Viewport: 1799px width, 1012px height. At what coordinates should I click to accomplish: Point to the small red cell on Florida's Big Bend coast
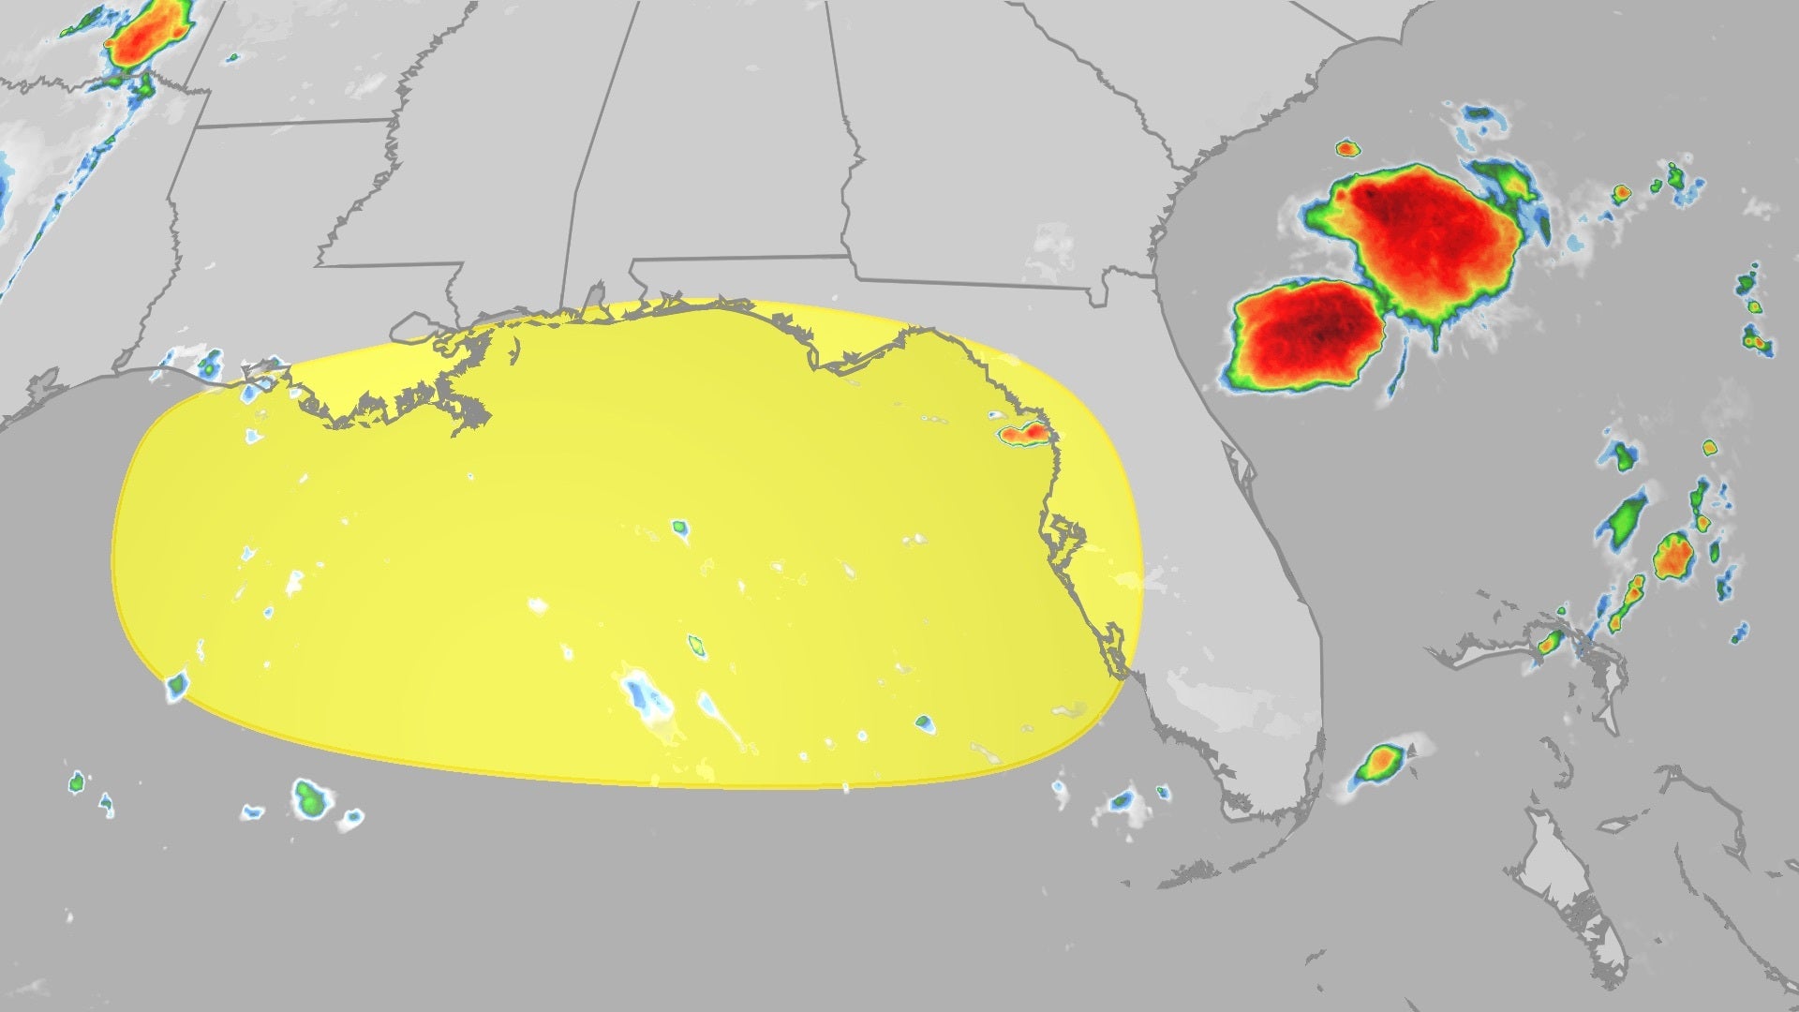[x=1023, y=434]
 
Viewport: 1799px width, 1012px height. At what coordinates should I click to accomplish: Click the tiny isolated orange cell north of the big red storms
[x=1346, y=148]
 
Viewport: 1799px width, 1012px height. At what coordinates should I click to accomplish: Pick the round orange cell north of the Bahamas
[x=1672, y=556]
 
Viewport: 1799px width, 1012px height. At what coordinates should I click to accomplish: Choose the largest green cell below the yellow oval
[x=309, y=798]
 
